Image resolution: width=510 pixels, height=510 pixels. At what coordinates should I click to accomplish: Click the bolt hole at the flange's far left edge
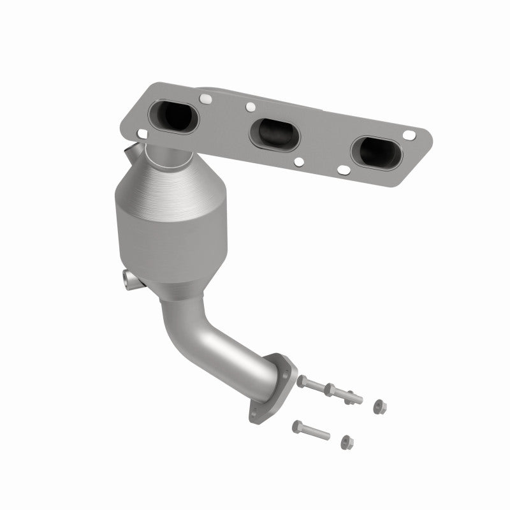point(140,132)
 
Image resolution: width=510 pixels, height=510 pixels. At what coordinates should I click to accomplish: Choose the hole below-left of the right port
point(344,170)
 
